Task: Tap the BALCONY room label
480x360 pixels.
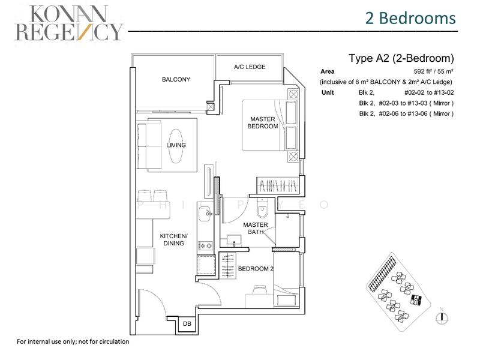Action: pyautogui.click(x=176, y=80)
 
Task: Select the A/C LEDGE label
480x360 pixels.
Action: pyautogui.click(x=250, y=67)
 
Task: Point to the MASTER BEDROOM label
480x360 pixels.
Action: pyautogui.click(x=263, y=123)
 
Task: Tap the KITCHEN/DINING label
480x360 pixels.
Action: pyautogui.click(x=175, y=240)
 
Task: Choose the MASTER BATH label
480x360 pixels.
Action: pyautogui.click(x=255, y=229)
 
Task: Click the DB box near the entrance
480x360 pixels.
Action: pyautogui.click(x=186, y=325)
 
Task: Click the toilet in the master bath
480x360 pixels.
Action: pyautogui.click(x=262, y=210)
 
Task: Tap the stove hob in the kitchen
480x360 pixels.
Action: pyautogui.click(x=205, y=245)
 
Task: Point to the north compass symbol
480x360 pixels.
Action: pyautogui.click(x=441, y=318)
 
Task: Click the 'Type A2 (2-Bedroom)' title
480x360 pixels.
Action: pyautogui.click(x=401, y=59)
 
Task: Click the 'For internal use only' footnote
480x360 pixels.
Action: pyautogui.click(x=73, y=341)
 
